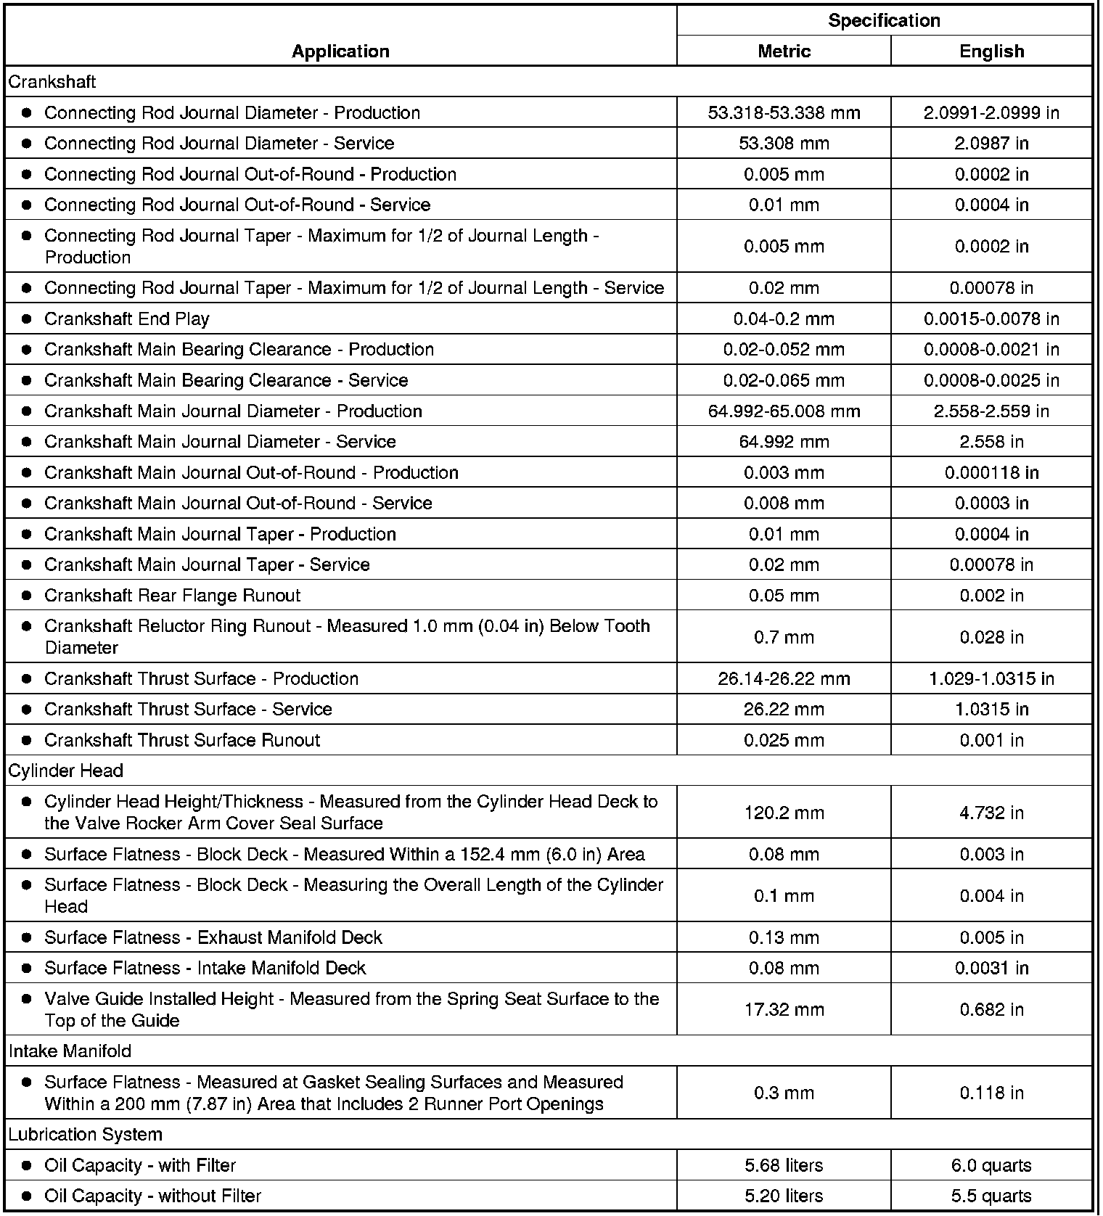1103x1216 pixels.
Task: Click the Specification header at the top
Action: [884, 20]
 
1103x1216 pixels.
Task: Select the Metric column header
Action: [784, 51]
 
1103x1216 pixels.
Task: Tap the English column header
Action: [991, 51]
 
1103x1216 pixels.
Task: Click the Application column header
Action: [340, 51]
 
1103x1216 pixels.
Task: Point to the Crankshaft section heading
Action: [52, 82]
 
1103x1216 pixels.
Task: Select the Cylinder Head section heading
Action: [66, 771]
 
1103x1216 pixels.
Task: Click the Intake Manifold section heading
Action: [70, 1051]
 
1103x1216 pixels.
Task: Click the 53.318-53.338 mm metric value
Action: [784, 112]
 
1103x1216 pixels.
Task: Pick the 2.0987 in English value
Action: [991, 143]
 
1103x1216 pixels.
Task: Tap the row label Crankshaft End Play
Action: [127, 319]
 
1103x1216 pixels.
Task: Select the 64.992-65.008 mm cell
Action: [784, 411]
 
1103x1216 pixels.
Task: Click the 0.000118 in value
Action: [991, 472]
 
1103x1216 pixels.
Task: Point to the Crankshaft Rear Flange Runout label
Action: [172, 595]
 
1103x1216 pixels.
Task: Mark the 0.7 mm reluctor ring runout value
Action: [784, 637]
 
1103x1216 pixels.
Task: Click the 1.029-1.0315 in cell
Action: [991, 678]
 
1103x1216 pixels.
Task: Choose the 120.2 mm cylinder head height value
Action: [784, 813]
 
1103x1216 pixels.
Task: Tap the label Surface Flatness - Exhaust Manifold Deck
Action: [213, 937]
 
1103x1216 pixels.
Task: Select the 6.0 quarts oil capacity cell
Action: [991, 1165]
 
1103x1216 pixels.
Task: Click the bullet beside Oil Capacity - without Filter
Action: [27, 1196]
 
